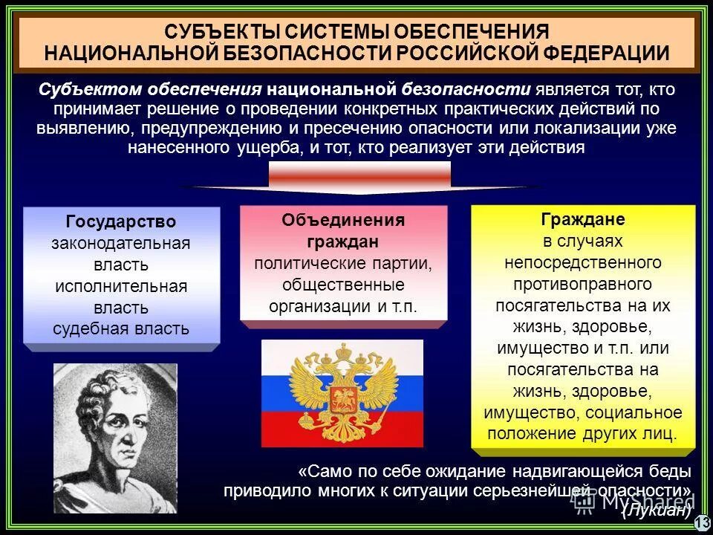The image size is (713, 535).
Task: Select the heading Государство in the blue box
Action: tap(121, 222)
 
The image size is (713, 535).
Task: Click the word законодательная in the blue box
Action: tap(121, 244)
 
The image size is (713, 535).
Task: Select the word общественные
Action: tap(343, 285)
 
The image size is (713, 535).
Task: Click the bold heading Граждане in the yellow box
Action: tap(583, 220)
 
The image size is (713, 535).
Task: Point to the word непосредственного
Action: tap(583, 263)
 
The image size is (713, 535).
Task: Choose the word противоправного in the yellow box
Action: tap(583, 285)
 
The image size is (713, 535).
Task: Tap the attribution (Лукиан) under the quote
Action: tap(657, 510)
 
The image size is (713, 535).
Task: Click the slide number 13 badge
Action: tap(702, 524)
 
